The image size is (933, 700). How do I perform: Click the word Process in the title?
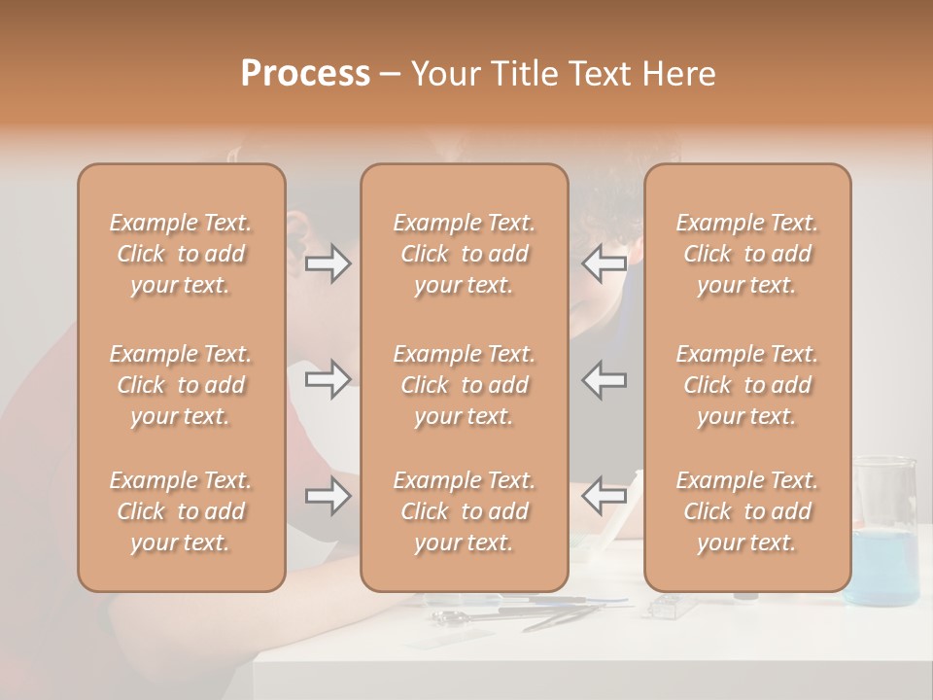pos(305,74)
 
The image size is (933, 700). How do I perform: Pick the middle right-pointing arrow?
pos(328,379)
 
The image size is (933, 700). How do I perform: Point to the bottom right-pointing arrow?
pos(328,497)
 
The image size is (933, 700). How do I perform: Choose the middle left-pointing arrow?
pos(605,379)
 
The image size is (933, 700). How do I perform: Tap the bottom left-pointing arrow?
pos(605,497)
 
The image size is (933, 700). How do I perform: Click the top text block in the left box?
pos(181,254)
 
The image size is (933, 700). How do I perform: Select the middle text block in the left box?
pos(181,385)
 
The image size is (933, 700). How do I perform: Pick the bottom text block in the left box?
pos(181,511)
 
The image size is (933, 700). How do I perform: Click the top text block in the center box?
pos(465,254)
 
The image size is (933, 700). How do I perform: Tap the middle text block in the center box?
pos(465,385)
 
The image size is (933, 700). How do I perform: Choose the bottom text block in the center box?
pos(465,511)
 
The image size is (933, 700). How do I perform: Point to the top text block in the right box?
pos(747,254)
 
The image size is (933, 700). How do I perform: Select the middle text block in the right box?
pos(747,385)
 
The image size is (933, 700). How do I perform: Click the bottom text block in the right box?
pos(747,511)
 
